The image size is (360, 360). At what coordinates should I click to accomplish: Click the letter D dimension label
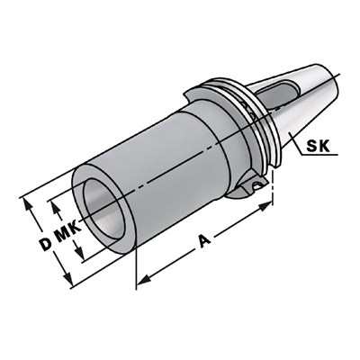pyautogui.click(x=45, y=242)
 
